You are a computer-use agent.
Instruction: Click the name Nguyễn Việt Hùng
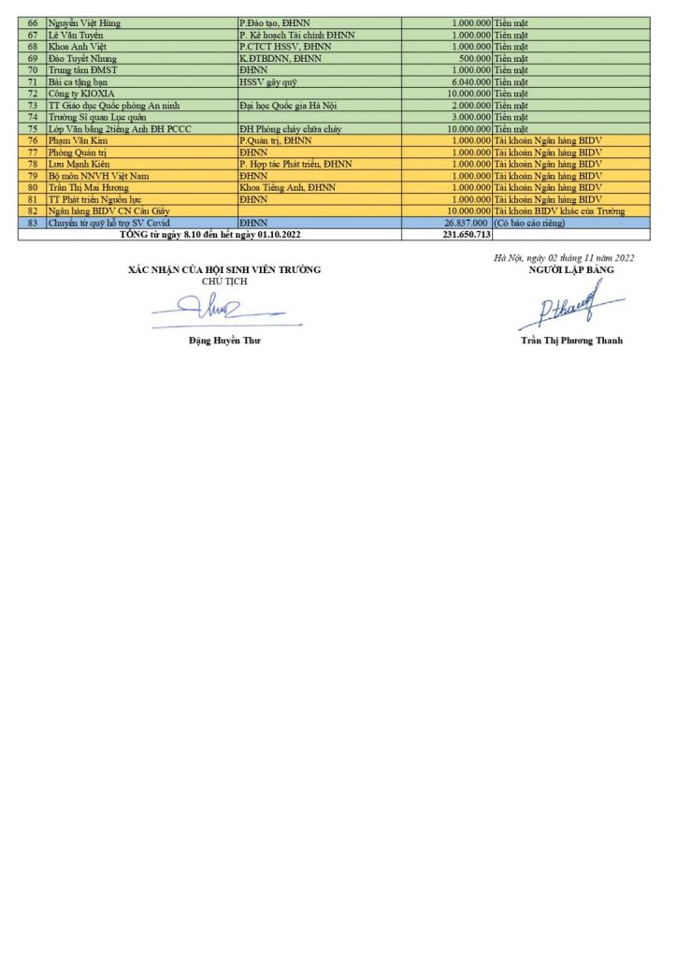coord(84,22)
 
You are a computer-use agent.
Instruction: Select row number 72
coord(33,94)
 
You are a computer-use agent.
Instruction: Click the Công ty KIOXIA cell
coord(79,94)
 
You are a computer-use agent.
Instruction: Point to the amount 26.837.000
coord(466,224)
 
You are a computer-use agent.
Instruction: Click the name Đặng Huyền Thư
coord(224,341)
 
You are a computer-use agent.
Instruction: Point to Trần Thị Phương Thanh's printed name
coord(571,341)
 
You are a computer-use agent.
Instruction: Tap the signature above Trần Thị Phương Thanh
coord(569,306)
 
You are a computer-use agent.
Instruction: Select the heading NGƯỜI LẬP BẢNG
coord(570,269)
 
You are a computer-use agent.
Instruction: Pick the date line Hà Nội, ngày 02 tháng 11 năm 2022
coord(566,257)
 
